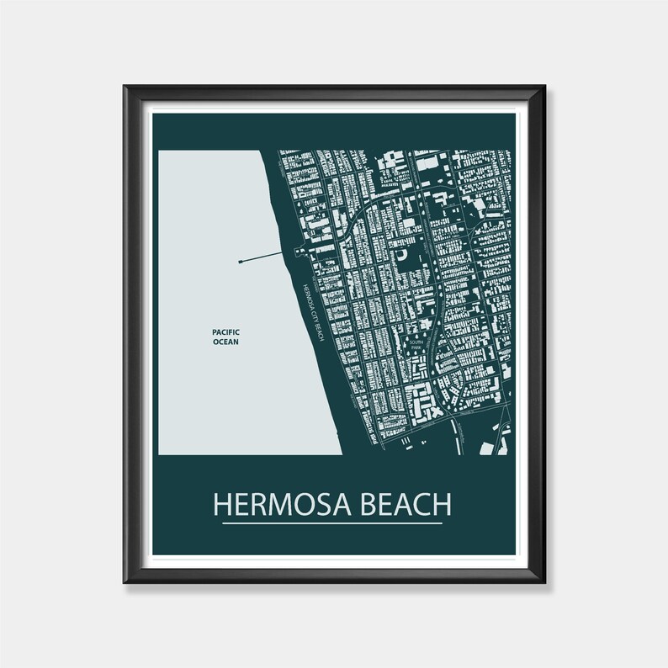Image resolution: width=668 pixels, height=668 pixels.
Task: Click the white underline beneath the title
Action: (332, 524)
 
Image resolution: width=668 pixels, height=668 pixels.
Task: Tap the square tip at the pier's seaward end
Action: (241, 261)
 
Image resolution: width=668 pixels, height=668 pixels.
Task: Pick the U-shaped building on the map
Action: (405, 253)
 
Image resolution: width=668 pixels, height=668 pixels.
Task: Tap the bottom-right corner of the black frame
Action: (544, 581)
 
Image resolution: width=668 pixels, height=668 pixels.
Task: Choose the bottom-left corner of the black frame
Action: (125, 581)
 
